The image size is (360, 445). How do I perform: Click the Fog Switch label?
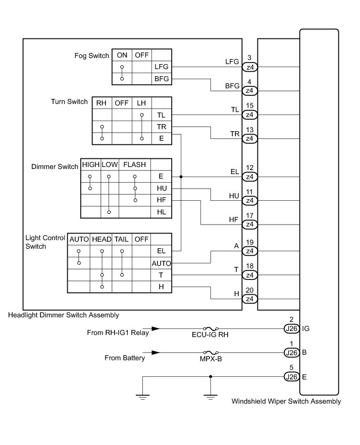[x=90, y=55]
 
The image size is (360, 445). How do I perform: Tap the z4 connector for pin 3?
[x=249, y=67]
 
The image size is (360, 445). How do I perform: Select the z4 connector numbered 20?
[x=249, y=299]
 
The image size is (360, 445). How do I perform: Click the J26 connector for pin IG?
[x=291, y=328]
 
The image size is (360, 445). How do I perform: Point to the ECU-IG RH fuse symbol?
[x=210, y=328]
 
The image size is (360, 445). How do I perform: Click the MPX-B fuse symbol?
[x=210, y=353]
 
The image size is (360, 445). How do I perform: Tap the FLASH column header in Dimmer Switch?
[x=134, y=165]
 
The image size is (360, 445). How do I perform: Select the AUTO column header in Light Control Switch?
[x=79, y=239]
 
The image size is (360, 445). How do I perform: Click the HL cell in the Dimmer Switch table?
[x=162, y=212]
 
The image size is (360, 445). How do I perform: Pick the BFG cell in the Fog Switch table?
[x=162, y=79]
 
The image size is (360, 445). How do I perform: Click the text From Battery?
[x=125, y=358]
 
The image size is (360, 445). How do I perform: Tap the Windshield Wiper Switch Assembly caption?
[x=286, y=402]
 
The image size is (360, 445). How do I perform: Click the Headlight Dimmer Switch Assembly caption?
[x=64, y=315]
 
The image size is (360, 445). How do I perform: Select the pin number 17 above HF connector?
[x=249, y=216]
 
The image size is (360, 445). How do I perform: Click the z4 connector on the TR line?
[x=249, y=138]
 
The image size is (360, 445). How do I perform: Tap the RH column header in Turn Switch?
[x=101, y=103]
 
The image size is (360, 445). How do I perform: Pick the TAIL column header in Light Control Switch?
[x=121, y=239]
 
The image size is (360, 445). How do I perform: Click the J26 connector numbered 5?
[x=291, y=377]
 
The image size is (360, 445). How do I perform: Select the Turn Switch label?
[x=70, y=101]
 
